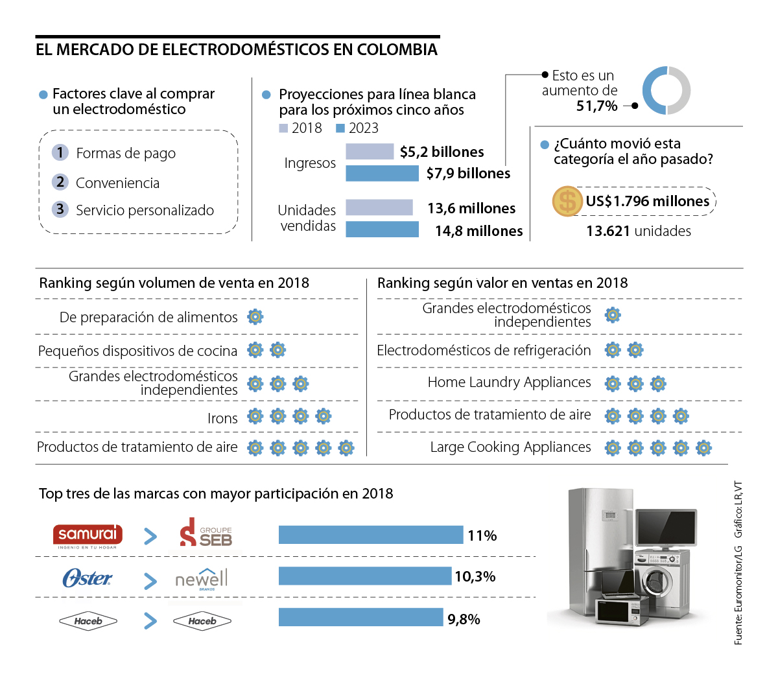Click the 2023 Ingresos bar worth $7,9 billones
click(x=382, y=173)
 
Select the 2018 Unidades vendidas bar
click(x=379, y=207)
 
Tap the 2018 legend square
click(x=283, y=128)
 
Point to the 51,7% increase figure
click(x=596, y=106)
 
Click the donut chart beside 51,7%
click(x=666, y=90)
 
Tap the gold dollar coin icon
click(x=567, y=201)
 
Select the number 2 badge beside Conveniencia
click(x=60, y=182)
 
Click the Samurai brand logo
click(x=88, y=535)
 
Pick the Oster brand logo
click(x=87, y=578)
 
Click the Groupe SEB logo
click(x=206, y=533)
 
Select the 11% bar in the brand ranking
click(x=371, y=535)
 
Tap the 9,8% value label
click(x=464, y=619)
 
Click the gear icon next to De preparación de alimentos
click(x=255, y=317)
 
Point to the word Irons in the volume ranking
click(x=222, y=419)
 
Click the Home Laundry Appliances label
click(x=509, y=382)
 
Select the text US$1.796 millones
click(x=647, y=201)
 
